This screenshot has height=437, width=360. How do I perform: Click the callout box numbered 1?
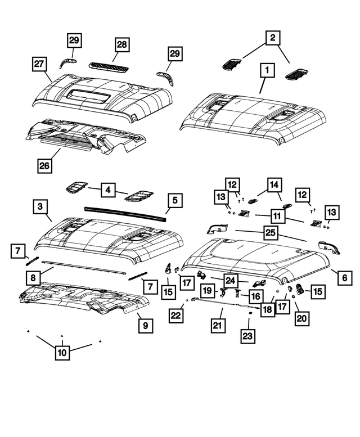point(267,71)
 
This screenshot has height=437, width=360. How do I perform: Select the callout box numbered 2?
point(274,39)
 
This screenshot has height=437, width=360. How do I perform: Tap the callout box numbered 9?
point(145,325)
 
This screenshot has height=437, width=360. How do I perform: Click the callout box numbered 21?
point(217,325)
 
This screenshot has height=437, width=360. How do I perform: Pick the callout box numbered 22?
point(176,316)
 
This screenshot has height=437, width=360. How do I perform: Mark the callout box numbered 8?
point(33,277)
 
